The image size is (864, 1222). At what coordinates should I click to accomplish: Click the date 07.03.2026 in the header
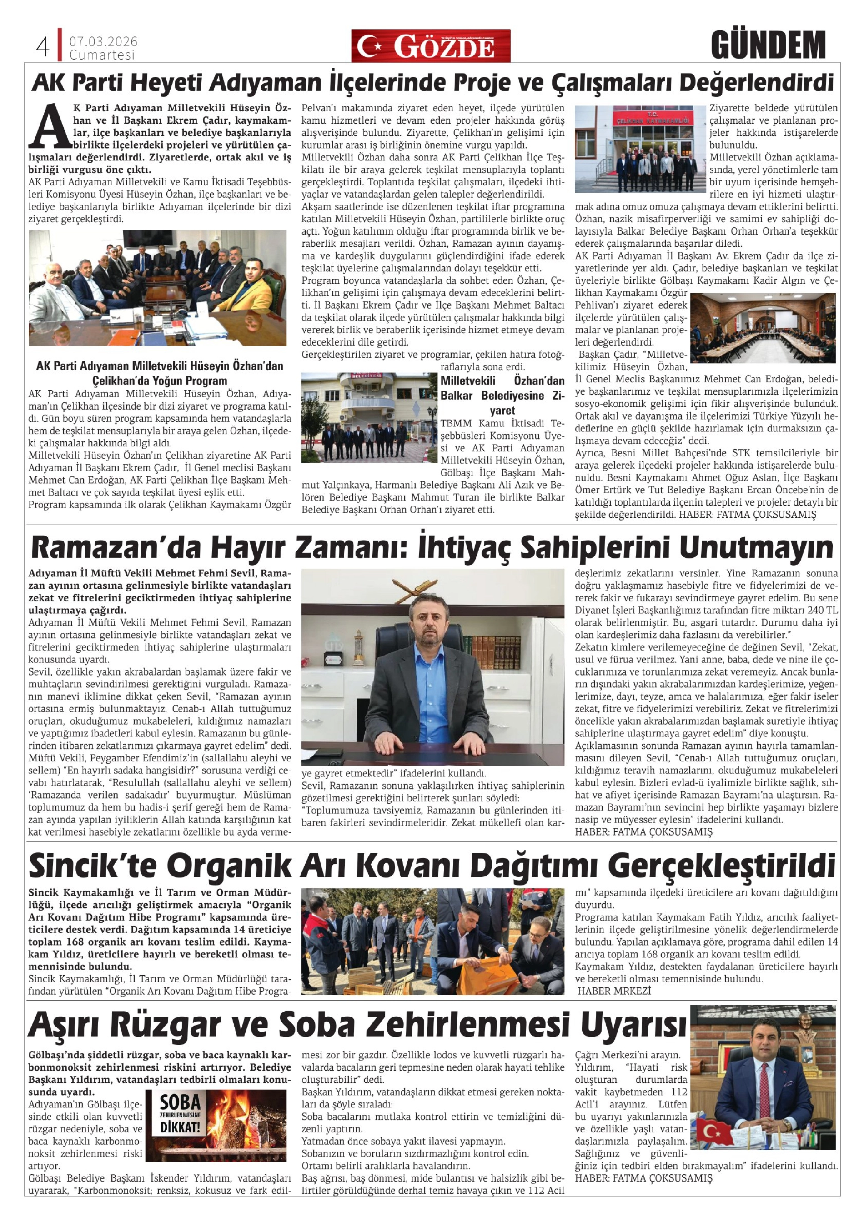pos(103,41)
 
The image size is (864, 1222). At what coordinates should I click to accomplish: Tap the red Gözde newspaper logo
pos(430,46)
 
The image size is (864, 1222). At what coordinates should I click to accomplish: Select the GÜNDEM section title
pos(768,45)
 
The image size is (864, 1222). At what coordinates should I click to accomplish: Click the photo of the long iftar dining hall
pos(762,328)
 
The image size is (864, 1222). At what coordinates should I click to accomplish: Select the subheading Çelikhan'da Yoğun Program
pos(160,381)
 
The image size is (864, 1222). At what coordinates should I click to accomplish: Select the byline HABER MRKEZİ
pos(614,991)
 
